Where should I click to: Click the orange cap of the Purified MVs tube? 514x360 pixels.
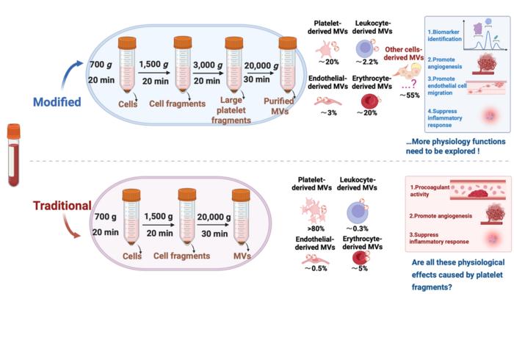[x=289, y=43]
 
